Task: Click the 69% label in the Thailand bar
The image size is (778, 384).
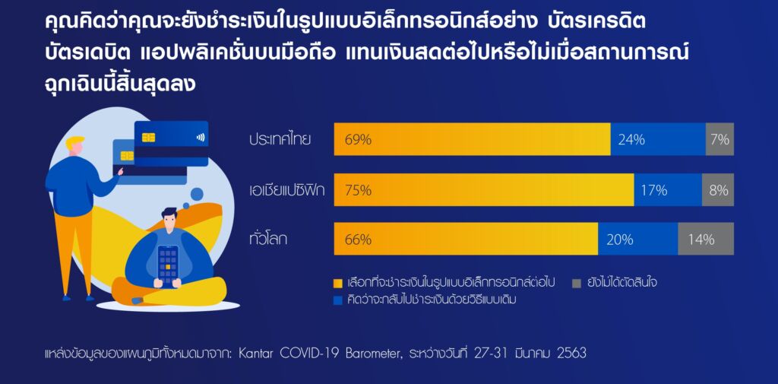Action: click(357, 140)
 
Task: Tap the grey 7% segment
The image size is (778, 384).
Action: click(719, 139)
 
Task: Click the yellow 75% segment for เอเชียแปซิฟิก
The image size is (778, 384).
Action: click(483, 190)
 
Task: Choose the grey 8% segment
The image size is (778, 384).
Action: click(718, 190)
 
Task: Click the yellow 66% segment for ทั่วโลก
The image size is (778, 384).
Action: click(466, 240)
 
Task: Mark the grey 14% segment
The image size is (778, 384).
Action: click(706, 240)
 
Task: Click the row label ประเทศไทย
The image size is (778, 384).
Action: click(280, 140)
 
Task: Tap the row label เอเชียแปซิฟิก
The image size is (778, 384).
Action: click(286, 190)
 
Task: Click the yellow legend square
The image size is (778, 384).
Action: click(338, 282)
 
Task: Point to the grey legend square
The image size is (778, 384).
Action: click(575, 282)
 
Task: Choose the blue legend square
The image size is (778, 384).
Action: click(338, 300)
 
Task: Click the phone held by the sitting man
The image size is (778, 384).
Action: click(168, 265)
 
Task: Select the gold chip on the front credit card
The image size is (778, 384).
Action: click(149, 137)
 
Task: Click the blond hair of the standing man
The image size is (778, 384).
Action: click(75, 142)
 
